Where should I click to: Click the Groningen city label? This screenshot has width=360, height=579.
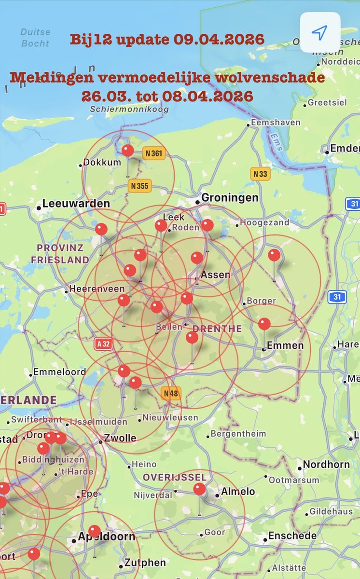pos(230,198)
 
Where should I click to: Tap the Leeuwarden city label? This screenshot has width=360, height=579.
pos(76,204)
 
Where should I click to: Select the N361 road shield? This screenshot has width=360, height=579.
pos(154,154)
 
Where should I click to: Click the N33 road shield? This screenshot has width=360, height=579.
pos(260,174)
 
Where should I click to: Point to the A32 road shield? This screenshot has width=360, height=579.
pos(104,344)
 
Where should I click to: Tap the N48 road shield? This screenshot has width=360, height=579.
pos(171,393)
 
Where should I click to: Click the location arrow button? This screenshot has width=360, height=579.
pos(320,32)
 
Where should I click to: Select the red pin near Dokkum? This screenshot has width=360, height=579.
pos(128,151)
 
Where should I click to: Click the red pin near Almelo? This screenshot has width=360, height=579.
pos(199,489)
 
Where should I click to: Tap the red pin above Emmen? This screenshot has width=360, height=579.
pos(264,324)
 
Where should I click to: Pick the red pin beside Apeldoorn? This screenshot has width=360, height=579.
pos(95,531)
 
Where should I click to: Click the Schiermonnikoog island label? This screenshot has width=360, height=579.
pos(129,110)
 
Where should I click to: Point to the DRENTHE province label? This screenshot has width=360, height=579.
pos(217,329)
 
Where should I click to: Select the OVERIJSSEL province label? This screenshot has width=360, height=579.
pos(175,477)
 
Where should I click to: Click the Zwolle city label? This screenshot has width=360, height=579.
pos(120,439)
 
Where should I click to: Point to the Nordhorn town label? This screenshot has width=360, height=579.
pos(326,465)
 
